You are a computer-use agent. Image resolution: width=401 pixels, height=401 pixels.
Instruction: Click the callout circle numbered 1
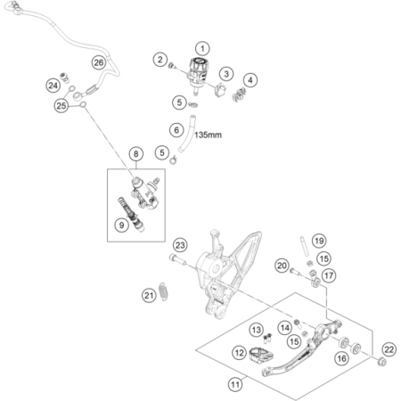pyautogui.click(x=202, y=48)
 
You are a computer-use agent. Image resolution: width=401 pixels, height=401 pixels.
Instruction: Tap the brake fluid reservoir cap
pyautogui.click(x=200, y=62)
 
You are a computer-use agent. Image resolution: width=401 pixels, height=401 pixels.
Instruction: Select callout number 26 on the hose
pyautogui.click(x=99, y=62)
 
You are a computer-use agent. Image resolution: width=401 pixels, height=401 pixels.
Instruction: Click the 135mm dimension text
pyautogui.click(x=208, y=135)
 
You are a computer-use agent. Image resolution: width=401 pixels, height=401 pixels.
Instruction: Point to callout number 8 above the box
pyautogui.click(x=136, y=154)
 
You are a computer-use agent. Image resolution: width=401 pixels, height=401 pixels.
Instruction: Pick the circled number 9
pyautogui.click(x=121, y=225)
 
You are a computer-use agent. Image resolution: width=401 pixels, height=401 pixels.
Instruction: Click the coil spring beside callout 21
pyautogui.click(x=162, y=291)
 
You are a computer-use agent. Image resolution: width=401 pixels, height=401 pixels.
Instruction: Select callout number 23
pyautogui.click(x=180, y=245)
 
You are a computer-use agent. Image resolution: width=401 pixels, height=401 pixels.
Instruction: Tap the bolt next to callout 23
pyautogui.click(x=177, y=259)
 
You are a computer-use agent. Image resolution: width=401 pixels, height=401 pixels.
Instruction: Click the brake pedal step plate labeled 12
pyautogui.click(x=261, y=356)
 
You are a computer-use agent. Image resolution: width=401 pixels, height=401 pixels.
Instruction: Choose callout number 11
pyautogui.click(x=235, y=385)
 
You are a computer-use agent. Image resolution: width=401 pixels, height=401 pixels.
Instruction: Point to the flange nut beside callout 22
pyautogui.click(x=381, y=362)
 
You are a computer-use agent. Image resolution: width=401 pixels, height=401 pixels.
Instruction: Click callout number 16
pyautogui.click(x=341, y=358)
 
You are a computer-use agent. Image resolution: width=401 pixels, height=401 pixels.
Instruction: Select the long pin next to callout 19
pyautogui.click(x=305, y=246)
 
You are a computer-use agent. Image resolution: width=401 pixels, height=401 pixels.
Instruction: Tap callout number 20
pyautogui.click(x=282, y=266)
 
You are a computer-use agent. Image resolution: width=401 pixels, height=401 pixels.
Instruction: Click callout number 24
pyautogui.click(x=53, y=86)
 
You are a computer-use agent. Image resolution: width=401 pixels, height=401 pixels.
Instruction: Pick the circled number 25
pyautogui.click(x=61, y=105)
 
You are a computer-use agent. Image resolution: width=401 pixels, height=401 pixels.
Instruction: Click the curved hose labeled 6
pyautogui.click(x=187, y=134)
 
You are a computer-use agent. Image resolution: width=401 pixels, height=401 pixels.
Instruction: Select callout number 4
pyautogui.click(x=250, y=80)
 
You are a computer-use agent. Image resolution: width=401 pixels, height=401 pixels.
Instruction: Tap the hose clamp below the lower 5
pyautogui.click(x=174, y=160)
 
